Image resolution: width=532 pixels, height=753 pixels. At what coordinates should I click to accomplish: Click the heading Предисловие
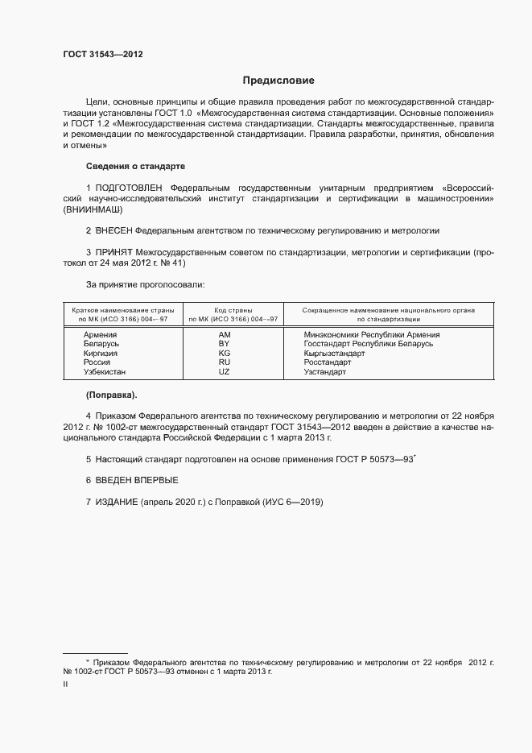point(278,81)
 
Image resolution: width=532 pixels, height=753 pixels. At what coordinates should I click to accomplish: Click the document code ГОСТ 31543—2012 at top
point(103,55)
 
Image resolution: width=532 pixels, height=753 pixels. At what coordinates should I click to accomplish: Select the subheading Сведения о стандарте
point(135,166)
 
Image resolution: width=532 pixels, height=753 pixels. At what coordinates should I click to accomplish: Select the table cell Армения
point(100,334)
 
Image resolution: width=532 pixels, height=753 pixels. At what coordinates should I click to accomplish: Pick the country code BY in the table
point(225,343)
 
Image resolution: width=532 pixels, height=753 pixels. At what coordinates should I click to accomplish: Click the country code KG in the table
point(225,353)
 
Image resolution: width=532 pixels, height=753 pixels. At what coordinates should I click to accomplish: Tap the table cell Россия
point(97,362)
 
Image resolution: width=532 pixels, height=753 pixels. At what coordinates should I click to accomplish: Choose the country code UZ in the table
point(225,372)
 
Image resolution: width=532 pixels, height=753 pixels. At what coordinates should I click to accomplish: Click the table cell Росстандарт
point(327,362)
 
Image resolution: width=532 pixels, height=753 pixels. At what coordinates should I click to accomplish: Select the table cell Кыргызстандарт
point(334,353)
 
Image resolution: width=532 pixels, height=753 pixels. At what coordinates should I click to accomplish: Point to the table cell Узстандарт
point(325,372)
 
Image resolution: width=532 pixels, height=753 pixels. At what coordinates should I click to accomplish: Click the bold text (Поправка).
point(111,395)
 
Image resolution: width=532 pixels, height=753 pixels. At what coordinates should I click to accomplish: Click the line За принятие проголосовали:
point(140,284)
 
